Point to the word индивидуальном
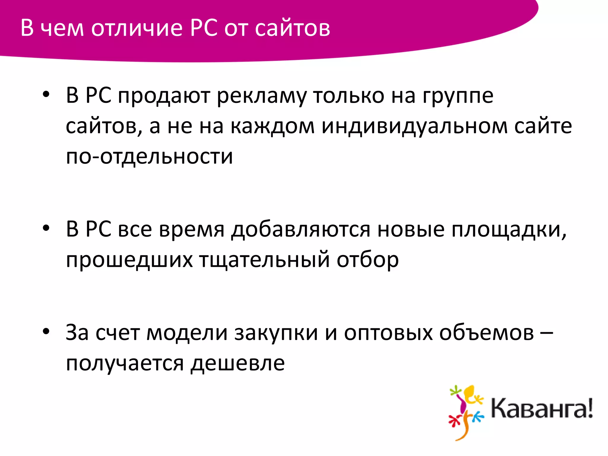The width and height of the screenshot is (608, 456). click(414, 126)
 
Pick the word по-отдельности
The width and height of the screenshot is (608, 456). click(149, 156)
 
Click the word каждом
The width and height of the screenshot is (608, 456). click(272, 126)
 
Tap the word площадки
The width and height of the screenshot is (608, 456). click(509, 229)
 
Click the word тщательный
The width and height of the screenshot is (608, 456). click(264, 260)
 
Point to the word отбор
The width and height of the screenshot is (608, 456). click(368, 260)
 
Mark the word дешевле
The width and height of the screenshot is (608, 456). click(237, 363)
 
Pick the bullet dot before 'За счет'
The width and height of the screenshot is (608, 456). click(46, 332)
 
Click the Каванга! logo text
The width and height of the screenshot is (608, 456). click(541, 409)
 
